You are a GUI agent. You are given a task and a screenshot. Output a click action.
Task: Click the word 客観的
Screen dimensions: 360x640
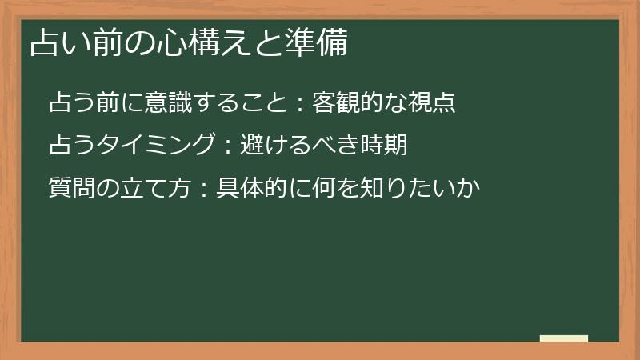pyautogui.click(x=345, y=103)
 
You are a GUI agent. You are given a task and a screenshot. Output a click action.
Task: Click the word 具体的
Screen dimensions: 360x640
pyautogui.click(x=249, y=190)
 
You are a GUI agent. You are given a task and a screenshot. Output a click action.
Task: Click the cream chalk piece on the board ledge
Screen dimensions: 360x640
pyautogui.click(x=563, y=338)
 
